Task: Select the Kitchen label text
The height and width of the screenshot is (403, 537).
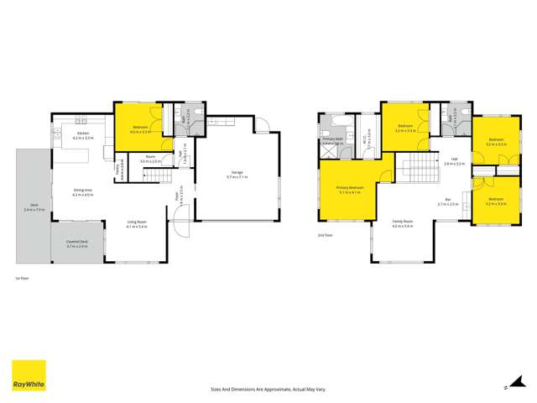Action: click(x=84, y=134)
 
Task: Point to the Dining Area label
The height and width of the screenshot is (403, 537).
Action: click(x=83, y=192)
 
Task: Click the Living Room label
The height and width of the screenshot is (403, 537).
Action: click(x=137, y=224)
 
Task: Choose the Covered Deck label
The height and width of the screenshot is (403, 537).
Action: click(x=77, y=243)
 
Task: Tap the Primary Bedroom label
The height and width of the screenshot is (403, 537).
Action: click(x=349, y=190)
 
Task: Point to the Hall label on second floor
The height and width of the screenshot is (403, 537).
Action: click(x=454, y=160)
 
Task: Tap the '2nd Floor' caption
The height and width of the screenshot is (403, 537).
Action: click(x=325, y=234)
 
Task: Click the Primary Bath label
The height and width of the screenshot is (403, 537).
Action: click(x=331, y=139)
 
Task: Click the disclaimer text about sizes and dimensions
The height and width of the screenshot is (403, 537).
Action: click(x=268, y=390)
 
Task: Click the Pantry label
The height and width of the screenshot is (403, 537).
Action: click(x=119, y=175)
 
